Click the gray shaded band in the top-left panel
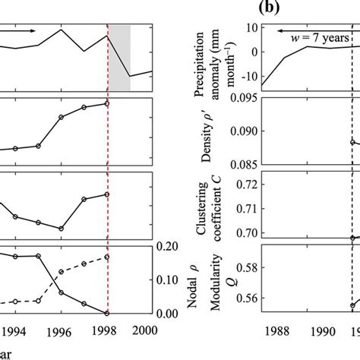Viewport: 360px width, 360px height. [x=120, y=57]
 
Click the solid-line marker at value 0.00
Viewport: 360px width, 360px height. [x=107, y=313]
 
